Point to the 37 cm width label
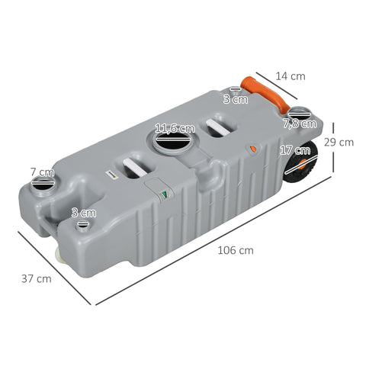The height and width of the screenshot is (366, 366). pyautogui.click(x=36, y=278)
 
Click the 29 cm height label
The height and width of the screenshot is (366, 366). pyautogui.click(x=338, y=142)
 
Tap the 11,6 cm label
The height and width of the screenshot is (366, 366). pyautogui.click(x=174, y=128)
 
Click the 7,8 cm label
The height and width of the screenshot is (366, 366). pyautogui.click(x=299, y=123)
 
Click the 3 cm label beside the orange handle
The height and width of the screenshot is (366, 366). pyautogui.click(x=235, y=98)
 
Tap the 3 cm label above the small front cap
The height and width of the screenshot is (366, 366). pyautogui.click(x=83, y=212)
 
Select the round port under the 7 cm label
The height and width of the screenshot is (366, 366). pyautogui.click(x=43, y=188)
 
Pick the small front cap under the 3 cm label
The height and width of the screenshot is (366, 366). pyautogui.click(x=82, y=226)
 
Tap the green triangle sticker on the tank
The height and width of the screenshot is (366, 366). pyautogui.click(x=163, y=195)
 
